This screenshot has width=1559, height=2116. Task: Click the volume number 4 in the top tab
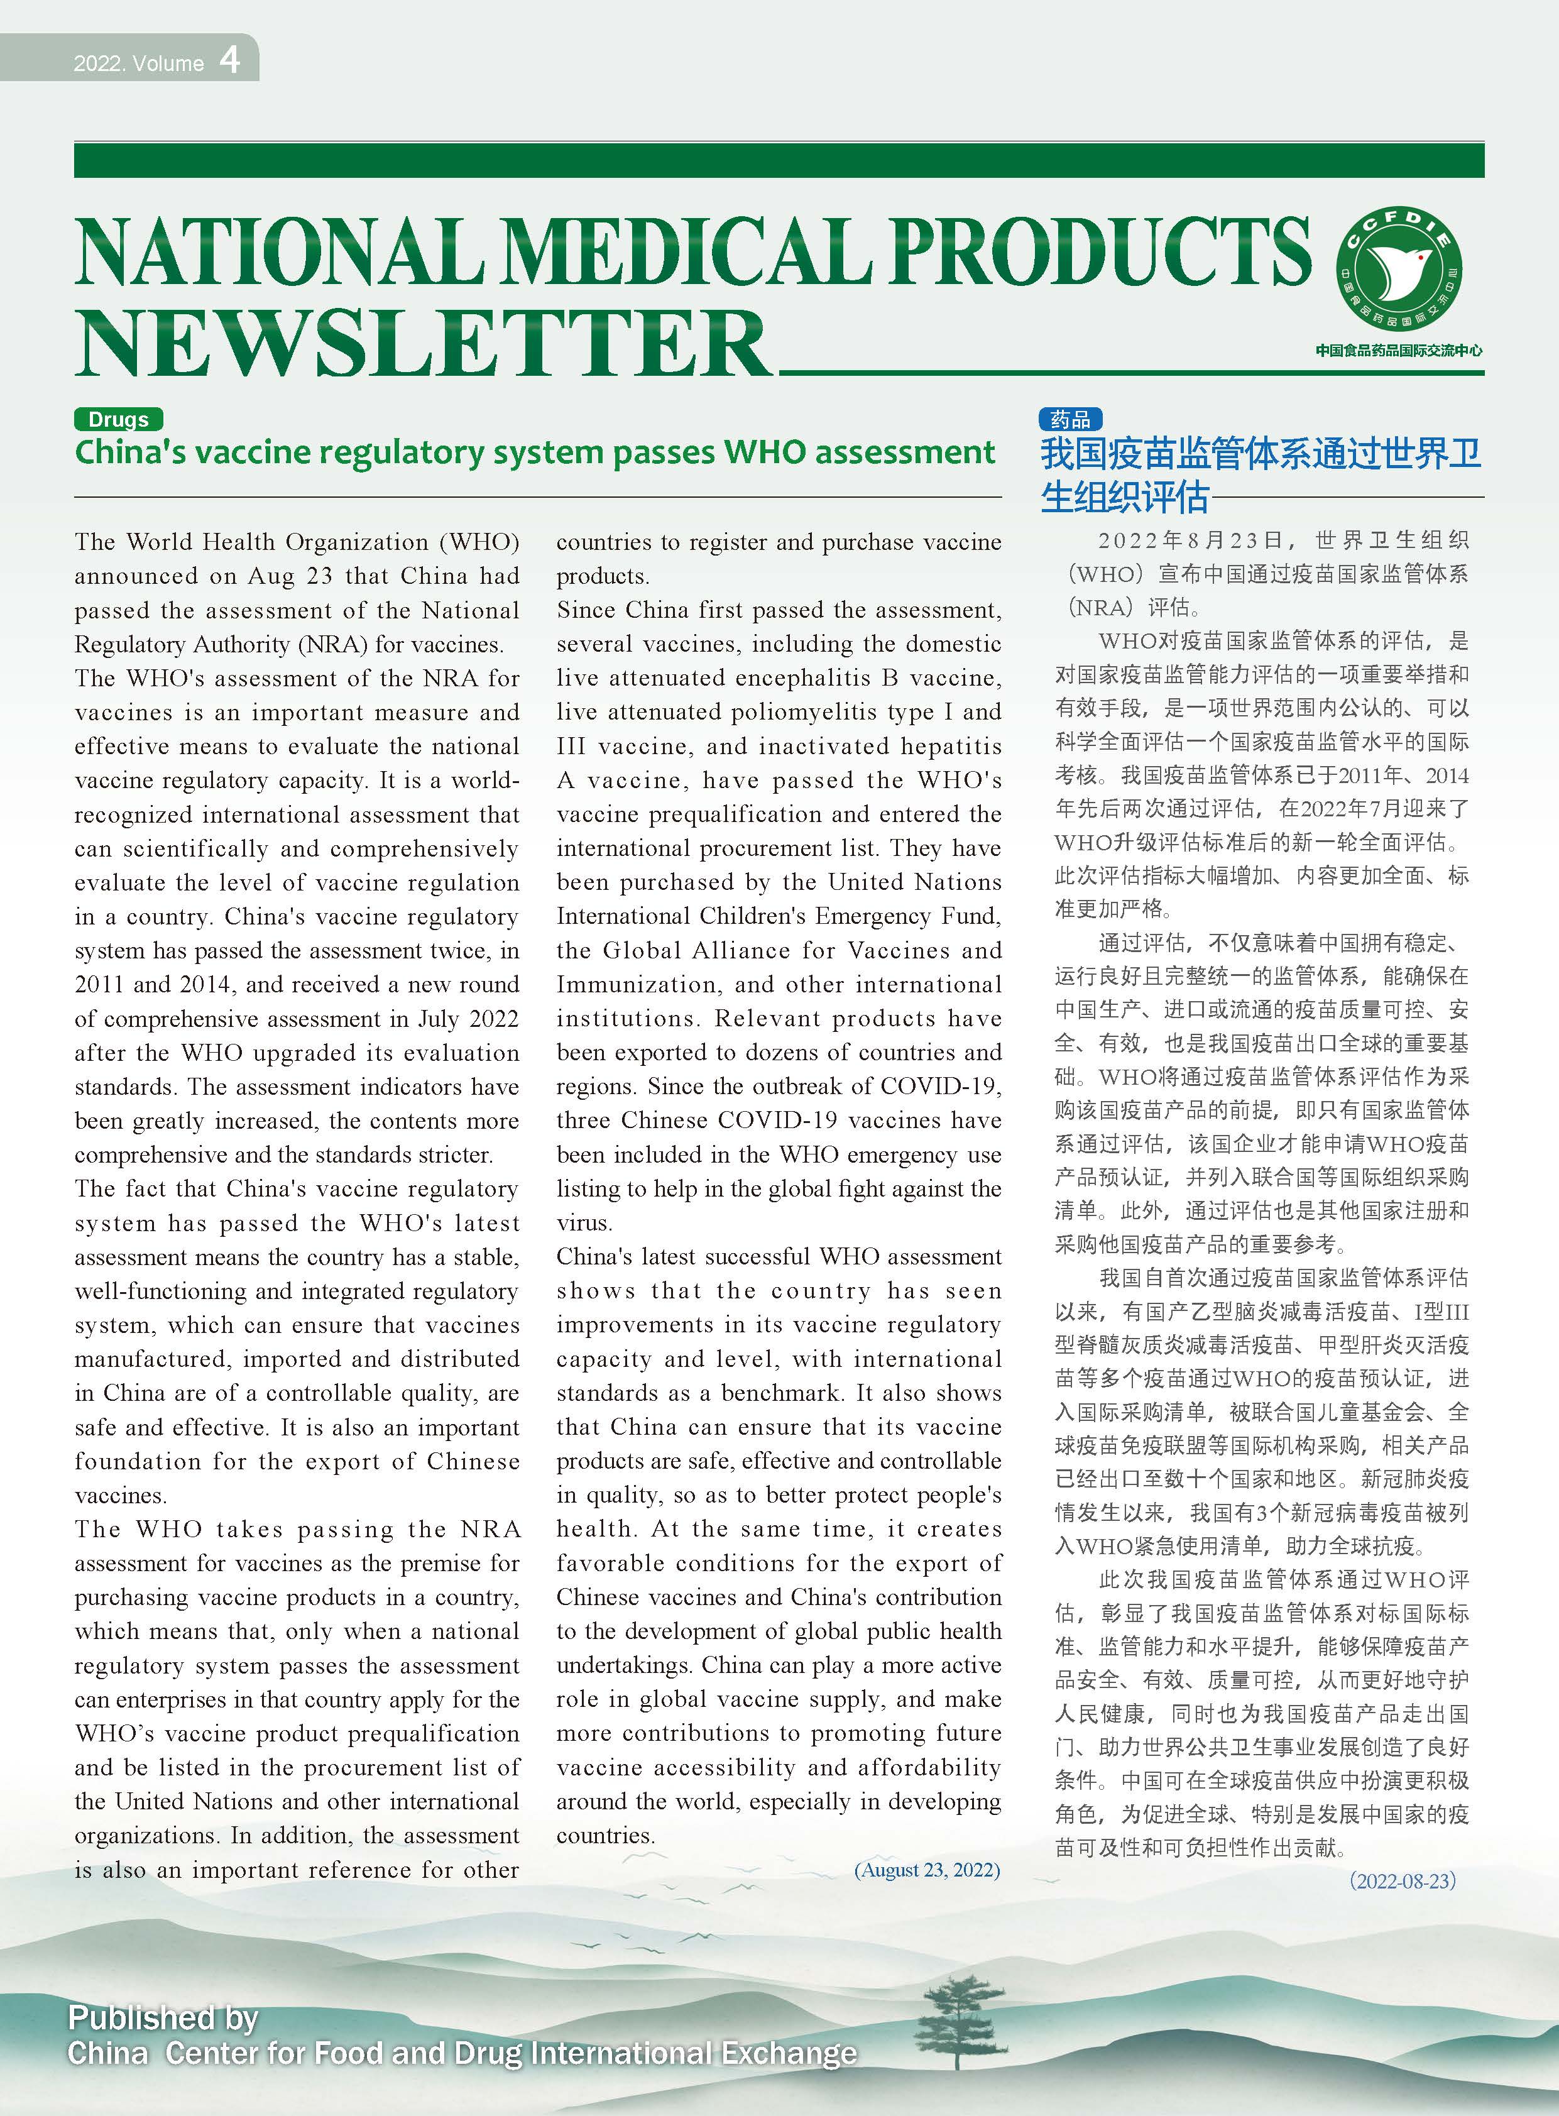tap(229, 60)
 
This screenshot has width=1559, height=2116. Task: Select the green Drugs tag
tap(118, 419)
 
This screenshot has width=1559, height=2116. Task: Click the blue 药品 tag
tap(1070, 419)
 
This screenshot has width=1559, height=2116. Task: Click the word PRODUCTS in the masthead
tap(1100, 250)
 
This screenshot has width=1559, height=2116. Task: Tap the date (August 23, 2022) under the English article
tap(927, 1870)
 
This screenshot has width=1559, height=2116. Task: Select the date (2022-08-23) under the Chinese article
tap(1403, 1880)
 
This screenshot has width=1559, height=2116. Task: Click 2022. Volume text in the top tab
tap(139, 63)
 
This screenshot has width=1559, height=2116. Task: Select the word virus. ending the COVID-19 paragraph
tap(584, 1223)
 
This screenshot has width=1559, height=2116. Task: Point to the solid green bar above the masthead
tap(779, 160)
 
